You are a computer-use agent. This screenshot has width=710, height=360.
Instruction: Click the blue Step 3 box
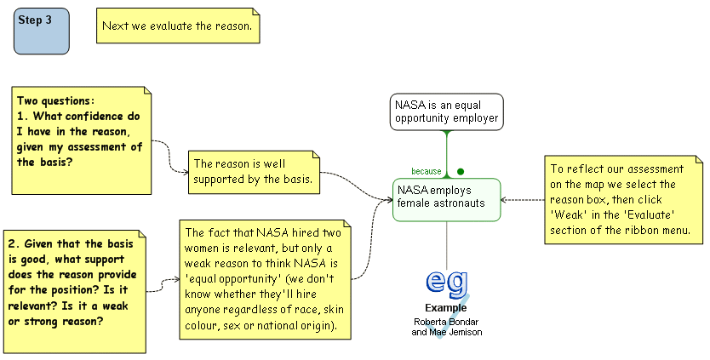[x=42, y=31]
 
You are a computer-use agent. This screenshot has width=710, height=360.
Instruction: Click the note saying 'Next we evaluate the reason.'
[x=177, y=26]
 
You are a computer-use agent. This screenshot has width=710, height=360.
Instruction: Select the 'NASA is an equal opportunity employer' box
[x=446, y=111]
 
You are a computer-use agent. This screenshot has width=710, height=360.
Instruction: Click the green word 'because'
[x=427, y=171]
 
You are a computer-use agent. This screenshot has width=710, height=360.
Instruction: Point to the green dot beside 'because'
[x=461, y=171]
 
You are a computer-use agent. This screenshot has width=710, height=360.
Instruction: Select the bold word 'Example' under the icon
[x=447, y=307]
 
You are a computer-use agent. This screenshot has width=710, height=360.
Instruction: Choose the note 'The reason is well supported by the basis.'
[x=254, y=171]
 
